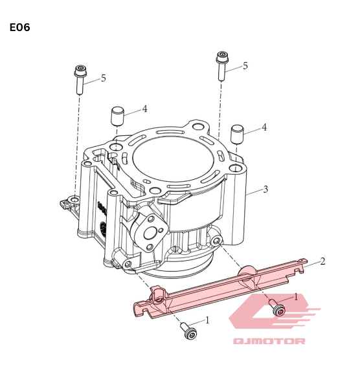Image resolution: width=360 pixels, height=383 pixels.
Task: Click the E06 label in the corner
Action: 19,27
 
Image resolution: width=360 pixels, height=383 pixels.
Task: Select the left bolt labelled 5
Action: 80,80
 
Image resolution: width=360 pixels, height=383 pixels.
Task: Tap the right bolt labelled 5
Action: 223,65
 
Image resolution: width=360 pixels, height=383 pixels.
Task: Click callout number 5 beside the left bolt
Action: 103,78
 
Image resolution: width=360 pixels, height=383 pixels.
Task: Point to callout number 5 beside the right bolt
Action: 245,66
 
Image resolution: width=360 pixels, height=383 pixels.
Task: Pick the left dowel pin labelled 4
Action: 117,116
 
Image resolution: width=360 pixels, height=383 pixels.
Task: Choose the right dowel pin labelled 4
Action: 237,135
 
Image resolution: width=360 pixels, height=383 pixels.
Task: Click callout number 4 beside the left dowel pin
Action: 145,109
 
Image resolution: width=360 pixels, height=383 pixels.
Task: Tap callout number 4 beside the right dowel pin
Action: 264,128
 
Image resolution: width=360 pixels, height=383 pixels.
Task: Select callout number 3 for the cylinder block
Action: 265,190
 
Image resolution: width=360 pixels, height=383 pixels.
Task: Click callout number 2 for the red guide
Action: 322,261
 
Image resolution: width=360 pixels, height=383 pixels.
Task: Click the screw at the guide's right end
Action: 276,309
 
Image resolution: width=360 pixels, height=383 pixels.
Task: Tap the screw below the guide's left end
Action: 188,331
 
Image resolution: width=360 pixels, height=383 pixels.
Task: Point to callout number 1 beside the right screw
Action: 296,297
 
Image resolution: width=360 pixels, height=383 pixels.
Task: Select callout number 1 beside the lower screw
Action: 207,320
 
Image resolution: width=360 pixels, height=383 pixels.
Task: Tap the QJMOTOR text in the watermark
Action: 269,341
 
